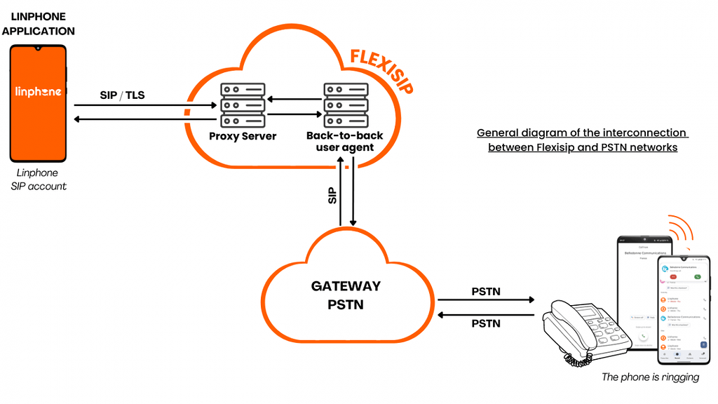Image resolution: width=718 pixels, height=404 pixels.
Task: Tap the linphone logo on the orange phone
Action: click(x=39, y=91)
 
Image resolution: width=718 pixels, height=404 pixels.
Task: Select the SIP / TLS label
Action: click(x=122, y=95)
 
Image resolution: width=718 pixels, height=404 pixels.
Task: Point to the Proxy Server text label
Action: click(x=243, y=136)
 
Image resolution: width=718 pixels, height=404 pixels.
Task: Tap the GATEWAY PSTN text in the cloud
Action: click(x=346, y=295)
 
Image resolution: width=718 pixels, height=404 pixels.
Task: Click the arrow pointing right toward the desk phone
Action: click(x=485, y=300)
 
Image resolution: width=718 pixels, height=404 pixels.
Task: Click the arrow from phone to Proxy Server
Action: click(x=144, y=105)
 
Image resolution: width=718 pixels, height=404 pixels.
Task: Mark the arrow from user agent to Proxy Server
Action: click(x=294, y=99)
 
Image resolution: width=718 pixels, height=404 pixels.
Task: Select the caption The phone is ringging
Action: click(x=650, y=377)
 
